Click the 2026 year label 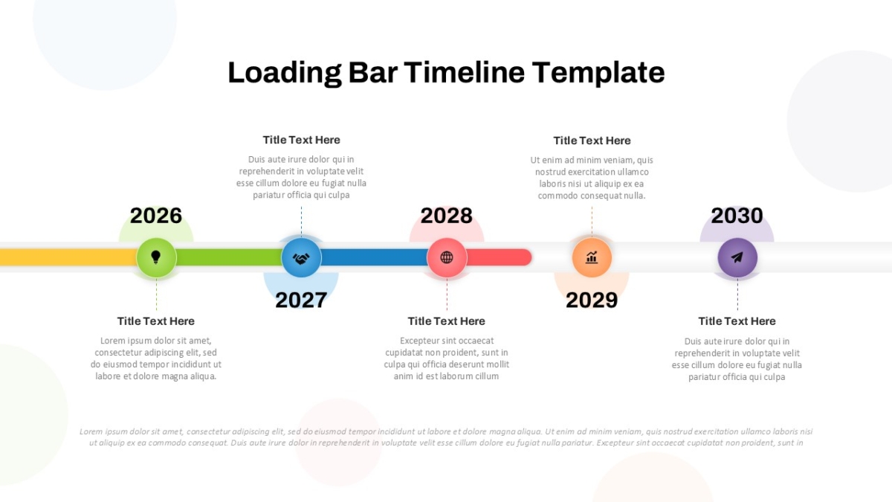pos(155,216)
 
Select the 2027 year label pos(301,300)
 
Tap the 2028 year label pos(447,216)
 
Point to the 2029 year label pos(592,300)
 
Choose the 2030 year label pos(737,216)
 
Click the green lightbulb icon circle pos(156,258)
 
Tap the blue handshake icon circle pos(302,258)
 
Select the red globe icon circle pos(447,258)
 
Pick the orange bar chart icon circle pos(592,258)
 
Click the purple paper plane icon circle pos(737,258)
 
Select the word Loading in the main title pos(285,74)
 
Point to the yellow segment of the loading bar pos(68,257)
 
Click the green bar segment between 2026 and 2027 pos(229,257)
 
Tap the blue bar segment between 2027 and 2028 pos(375,257)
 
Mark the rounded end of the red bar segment pos(529,257)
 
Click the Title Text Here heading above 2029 pos(592,141)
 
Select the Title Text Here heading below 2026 pos(155,321)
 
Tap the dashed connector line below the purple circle pos(737,294)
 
